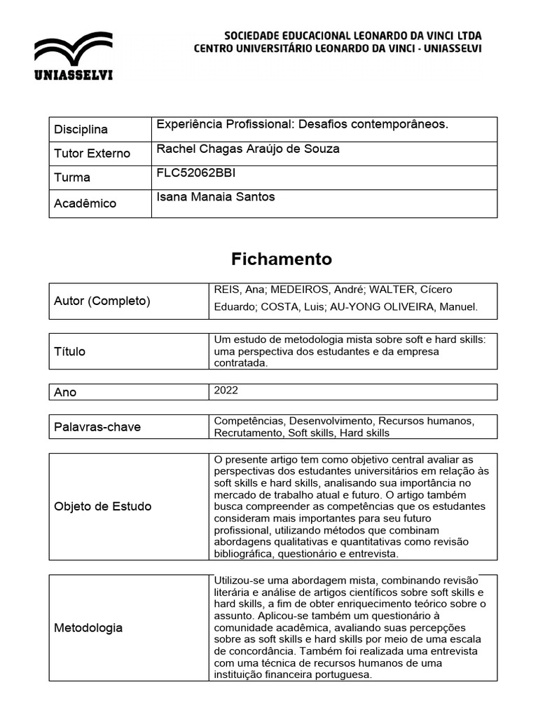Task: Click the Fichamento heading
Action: (282, 259)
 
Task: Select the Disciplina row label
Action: (81, 130)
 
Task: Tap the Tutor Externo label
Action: (92, 154)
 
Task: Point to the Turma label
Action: (72, 177)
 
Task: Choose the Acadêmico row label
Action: (85, 203)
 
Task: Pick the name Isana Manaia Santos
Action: (216, 197)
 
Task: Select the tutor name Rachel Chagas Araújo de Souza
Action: (248, 149)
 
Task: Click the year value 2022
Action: (226, 390)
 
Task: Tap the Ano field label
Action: (65, 393)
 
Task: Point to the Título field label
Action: (70, 351)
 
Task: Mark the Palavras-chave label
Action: (97, 427)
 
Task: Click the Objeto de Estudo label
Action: (102, 506)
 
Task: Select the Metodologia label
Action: (88, 628)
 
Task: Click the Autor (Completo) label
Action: (102, 301)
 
